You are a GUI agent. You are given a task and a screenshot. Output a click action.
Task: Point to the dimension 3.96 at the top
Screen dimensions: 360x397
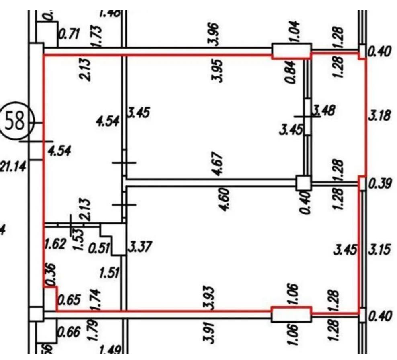(x=215, y=34)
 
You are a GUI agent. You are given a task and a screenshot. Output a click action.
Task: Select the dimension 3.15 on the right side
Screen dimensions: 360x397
(x=379, y=250)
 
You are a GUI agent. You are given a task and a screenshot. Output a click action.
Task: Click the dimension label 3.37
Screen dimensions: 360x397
(x=139, y=247)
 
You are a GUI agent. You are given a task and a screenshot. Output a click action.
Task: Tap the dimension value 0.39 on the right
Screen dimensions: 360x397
(x=379, y=184)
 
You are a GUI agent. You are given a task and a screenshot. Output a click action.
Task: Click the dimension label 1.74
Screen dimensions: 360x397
(x=97, y=299)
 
